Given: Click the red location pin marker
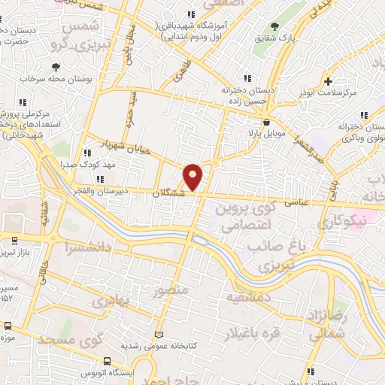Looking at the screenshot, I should [193, 176].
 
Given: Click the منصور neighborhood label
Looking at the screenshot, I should [169, 290].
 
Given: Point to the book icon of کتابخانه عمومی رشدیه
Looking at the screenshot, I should [158, 335].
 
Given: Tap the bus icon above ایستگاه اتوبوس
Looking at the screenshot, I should [107, 360].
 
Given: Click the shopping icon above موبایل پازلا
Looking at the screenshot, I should [266, 122].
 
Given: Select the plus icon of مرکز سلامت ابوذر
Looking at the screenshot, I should [328, 81].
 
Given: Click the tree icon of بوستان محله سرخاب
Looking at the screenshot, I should [56, 68].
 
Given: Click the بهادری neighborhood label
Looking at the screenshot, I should [111, 304].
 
